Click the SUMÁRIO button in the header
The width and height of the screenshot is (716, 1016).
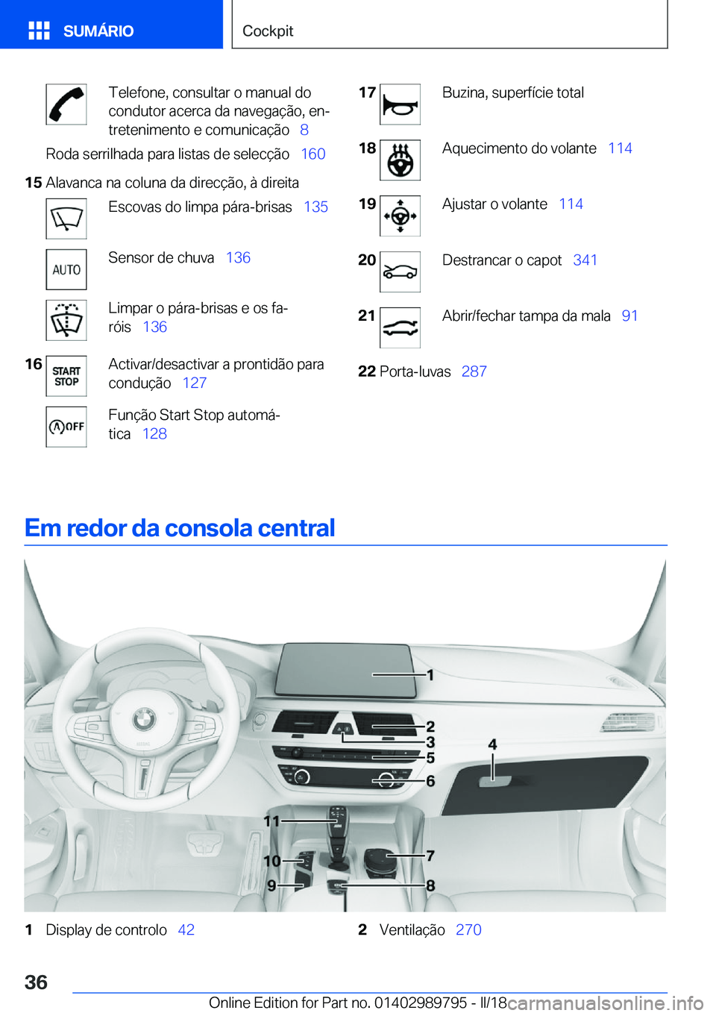(82, 31)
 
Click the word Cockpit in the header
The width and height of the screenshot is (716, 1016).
(268, 31)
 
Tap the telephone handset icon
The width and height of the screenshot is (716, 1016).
(66, 104)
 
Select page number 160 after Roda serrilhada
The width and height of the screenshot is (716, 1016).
(313, 154)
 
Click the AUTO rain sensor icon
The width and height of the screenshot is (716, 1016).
(66, 270)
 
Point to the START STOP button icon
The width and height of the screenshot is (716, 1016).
(66, 376)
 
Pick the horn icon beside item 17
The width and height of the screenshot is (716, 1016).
(400, 104)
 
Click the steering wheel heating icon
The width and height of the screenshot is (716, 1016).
(400, 160)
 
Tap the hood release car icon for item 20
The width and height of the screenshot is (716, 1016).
(400, 272)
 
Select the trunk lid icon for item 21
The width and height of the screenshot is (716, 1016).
(400, 327)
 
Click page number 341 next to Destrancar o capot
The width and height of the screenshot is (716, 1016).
(585, 260)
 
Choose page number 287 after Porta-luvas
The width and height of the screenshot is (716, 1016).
(474, 371)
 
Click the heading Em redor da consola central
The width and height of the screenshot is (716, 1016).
(180, 528)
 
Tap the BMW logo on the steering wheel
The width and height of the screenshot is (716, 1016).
(144, 719)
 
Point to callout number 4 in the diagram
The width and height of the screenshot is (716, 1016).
(492, 744)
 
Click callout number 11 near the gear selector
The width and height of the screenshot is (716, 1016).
(271, 821)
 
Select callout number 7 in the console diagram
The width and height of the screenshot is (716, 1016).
(430, 856)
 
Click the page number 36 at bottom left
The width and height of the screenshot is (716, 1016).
(36, 982)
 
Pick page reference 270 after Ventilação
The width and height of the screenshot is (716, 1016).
(468, 930)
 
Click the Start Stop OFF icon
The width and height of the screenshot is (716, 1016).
(66, 427)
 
